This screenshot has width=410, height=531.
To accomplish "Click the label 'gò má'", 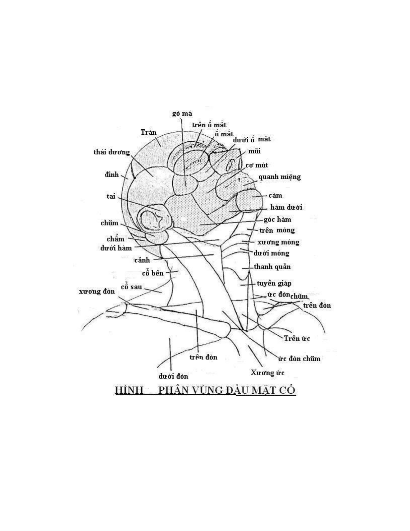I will (182, 114).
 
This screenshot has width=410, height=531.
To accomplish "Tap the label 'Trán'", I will (149, 132).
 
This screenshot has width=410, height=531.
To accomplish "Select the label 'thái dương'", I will (111, 152).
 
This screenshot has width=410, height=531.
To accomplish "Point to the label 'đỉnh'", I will (112, 175).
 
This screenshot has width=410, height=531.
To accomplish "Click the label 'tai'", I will (111, 196).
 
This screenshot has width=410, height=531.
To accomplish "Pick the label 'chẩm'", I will (115, 239).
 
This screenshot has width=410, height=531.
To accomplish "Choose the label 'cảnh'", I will (142, 260).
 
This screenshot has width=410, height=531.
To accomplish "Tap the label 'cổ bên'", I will (153, 273).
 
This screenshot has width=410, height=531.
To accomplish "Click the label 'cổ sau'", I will (132, 287).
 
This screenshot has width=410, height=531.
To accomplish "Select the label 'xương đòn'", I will (97, 291).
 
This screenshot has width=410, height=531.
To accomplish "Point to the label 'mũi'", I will (254, 151).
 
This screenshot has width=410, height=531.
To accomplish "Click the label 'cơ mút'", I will (257, 165).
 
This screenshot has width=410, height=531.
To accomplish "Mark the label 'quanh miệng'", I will (279, 177).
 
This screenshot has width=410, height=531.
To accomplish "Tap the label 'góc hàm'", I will (277, 219).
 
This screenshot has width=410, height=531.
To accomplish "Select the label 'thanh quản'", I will (272, 267).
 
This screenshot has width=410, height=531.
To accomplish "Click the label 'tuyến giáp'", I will (274, 283).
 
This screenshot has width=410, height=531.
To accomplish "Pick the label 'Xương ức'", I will (267, 373).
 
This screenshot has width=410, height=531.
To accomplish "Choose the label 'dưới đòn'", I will (173, 376).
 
